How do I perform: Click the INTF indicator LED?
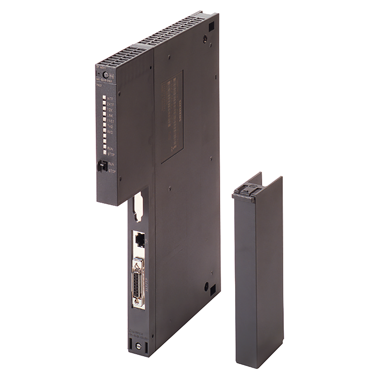(x=104, y=98)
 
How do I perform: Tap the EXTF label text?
(x=111, y=104)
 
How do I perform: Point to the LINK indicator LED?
(x=104, y=115)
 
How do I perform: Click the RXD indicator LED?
(x=104, y=131)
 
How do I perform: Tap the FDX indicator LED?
(x=104, y=109)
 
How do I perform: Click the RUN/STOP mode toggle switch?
(x=102, y=165)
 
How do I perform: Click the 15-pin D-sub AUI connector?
(x=138, y=281)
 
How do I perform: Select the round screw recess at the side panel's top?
(x=205, y=39)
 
